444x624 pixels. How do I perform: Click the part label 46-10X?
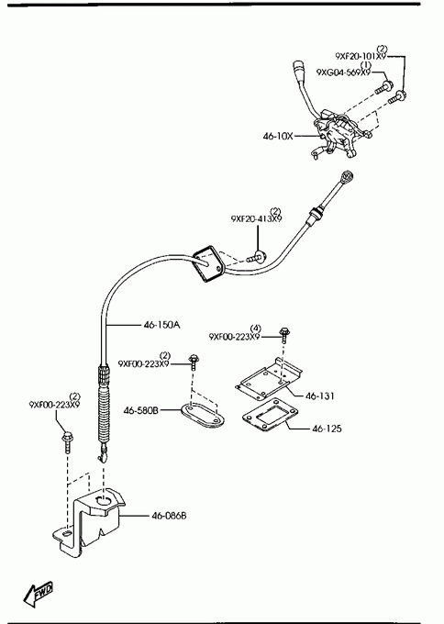(x=278, y=136)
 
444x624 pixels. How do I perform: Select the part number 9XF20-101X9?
(x=361, y=56)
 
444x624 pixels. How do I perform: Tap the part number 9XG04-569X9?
(x=343, y=72)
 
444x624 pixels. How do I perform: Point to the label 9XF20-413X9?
(x=256, y=218)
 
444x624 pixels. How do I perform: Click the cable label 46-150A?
(x=162, y=325)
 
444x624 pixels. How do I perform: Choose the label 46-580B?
(x=141, y=410)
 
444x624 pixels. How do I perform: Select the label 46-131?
(x=320, y=396)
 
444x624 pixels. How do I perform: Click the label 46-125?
(x=327, y=429)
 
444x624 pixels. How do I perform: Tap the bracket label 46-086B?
(x=169, y=516)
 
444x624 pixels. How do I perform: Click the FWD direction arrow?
(x=39, y=594)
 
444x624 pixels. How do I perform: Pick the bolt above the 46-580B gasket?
(x=194, y=362)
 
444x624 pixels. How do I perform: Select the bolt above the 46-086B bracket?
(x=67, y=442)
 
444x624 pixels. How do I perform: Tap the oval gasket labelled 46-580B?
(x=203, y=415)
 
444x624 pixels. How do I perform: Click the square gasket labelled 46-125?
(x=270, y=415)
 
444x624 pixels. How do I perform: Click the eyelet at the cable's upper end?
(x=348, y=176)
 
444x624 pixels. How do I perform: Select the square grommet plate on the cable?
(x=208, y=264)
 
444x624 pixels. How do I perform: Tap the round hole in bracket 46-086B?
(x=105, y=501)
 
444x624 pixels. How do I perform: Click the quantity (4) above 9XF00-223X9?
(x=256, y=329)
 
